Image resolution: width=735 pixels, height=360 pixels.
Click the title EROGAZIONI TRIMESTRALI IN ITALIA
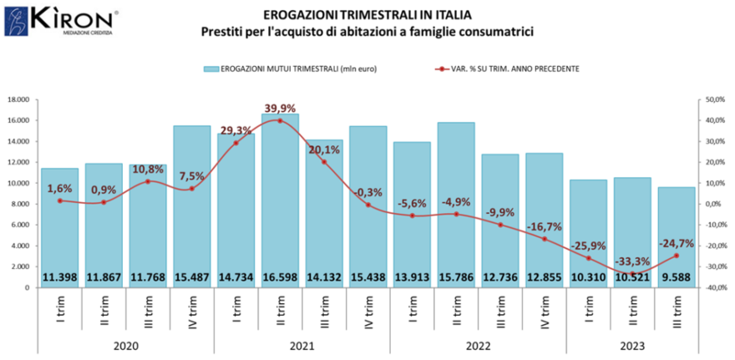pyautogui.click(x=367, y=14)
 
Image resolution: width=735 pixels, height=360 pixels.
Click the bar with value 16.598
pyautogui.click(x=280, y=200)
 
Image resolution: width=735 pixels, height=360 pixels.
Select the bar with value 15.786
pyautogui.click(x=456, y=205)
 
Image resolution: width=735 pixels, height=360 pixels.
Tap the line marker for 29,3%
pyautogui.click(x=236, y=143)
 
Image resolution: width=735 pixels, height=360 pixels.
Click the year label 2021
pyautogui.click(x=302, y=342)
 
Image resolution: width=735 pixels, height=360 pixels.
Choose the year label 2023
pyautogui.click(x=632, y=342)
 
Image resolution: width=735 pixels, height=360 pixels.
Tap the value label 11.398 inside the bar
pyautogui.click(x=60, y=276)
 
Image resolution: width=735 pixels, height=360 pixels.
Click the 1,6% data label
pyautogui.click(x=60, y=189)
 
